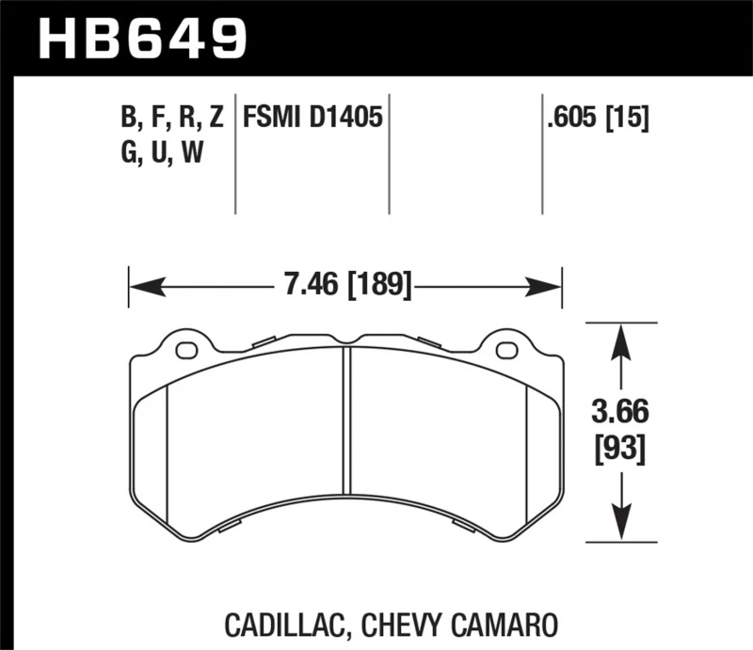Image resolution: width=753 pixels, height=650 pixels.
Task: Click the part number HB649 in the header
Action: click(x=141, y=38)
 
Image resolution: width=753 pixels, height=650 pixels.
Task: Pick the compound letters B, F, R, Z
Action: click(x=171, y=119)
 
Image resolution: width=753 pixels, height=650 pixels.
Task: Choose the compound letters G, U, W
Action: click(x=163, y=152)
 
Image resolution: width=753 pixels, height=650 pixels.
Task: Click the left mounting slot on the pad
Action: click(x=187, y=351)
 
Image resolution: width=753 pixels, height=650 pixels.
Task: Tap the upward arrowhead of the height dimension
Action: click(x=619, y=338)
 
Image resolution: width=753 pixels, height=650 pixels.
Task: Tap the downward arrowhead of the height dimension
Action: click(x=619, y=527)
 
